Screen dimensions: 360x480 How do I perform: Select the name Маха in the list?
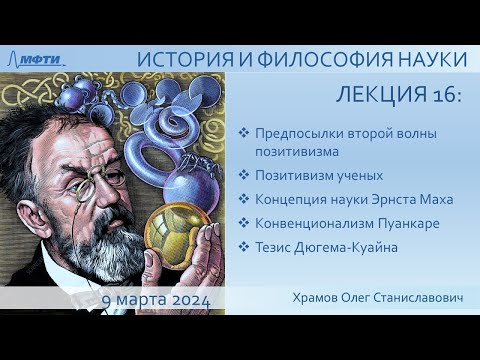point(436,199)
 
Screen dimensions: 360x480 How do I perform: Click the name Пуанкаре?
point(411,223)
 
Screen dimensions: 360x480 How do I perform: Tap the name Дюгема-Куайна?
point(353,247)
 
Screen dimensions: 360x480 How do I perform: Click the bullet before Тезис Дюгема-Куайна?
point(246,247)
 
